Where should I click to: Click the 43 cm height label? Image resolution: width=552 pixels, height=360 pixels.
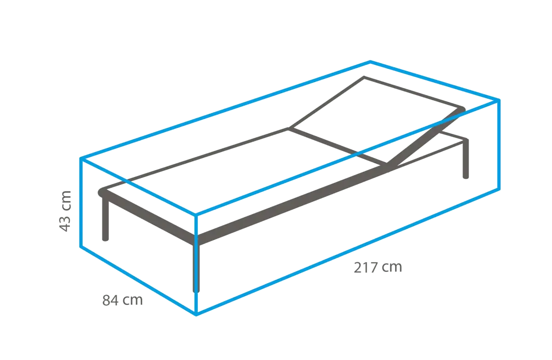pos(67,211)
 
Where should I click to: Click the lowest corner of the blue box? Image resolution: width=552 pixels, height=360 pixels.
pos(197,315)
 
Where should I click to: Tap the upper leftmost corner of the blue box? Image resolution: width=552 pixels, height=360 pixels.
pos(80,158)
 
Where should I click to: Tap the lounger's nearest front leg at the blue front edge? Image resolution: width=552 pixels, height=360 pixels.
pos(198,271)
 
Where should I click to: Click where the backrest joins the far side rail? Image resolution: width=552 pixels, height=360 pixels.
pos(290,127)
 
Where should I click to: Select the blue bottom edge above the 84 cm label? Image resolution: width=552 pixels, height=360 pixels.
pos(138,281)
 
